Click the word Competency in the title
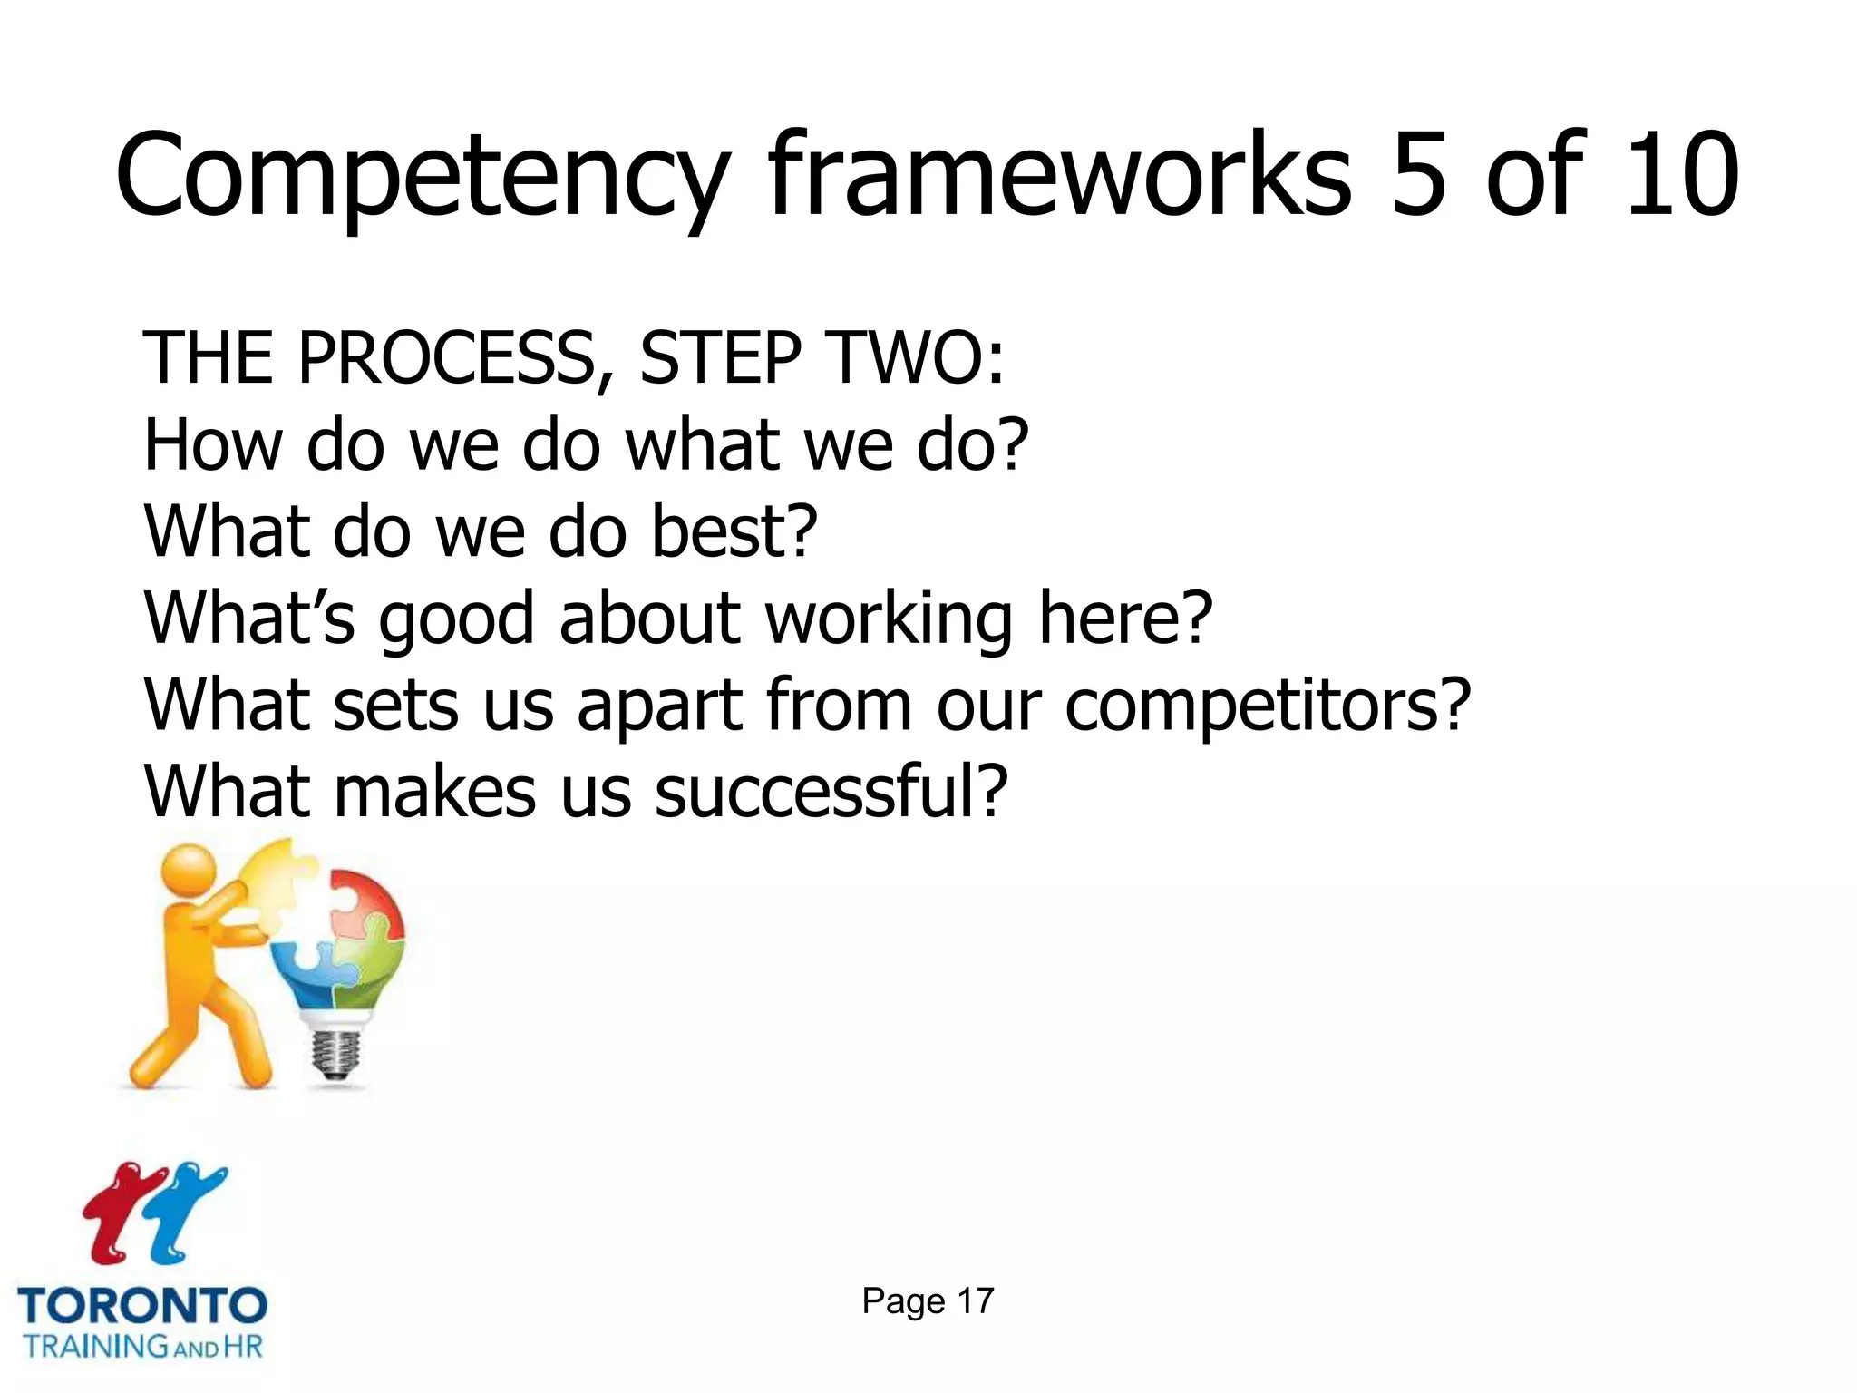pyautogui.click(x=423, y=177)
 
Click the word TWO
pyautogui.click(x=916, y=358)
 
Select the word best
pyautogui.click(x=734, y=531)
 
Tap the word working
pyautogui.click(x=888, y=620)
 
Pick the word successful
pyautogui.click(x=830, y=792)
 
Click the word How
pyautogui.click(x=214, y=445)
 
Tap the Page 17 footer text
pyautogui.click(x=928, y=1301)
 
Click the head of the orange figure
pyautogui.click(x=188, y=872)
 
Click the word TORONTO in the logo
pyautogui.click(x=142, y=1307)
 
